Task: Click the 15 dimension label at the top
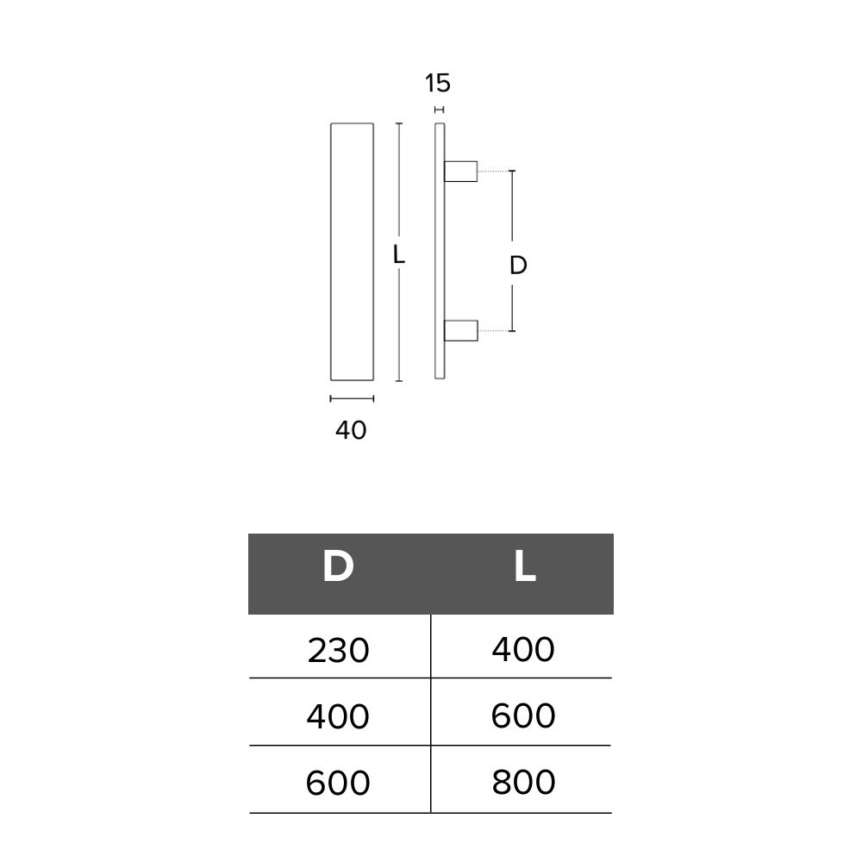438,83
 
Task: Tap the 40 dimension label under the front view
351,430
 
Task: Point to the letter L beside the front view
399,254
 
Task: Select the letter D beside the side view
518,265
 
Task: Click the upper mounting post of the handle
460,171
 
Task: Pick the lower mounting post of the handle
460,330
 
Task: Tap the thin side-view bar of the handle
440,251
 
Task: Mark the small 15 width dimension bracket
440,110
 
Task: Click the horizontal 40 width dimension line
352,398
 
